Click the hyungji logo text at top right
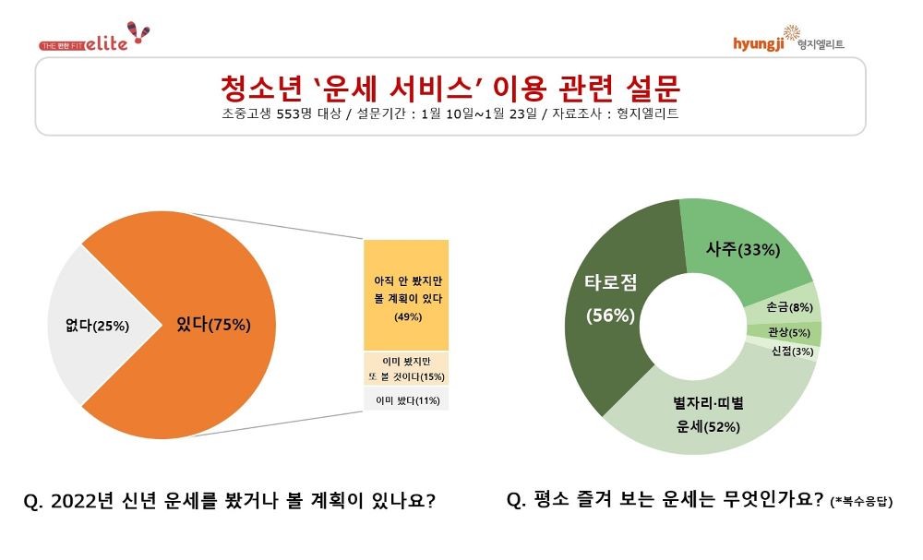757,43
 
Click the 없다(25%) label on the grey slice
90,325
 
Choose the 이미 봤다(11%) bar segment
406,399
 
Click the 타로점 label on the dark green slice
610,283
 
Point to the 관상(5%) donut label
787,332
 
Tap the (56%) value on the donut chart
610,315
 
